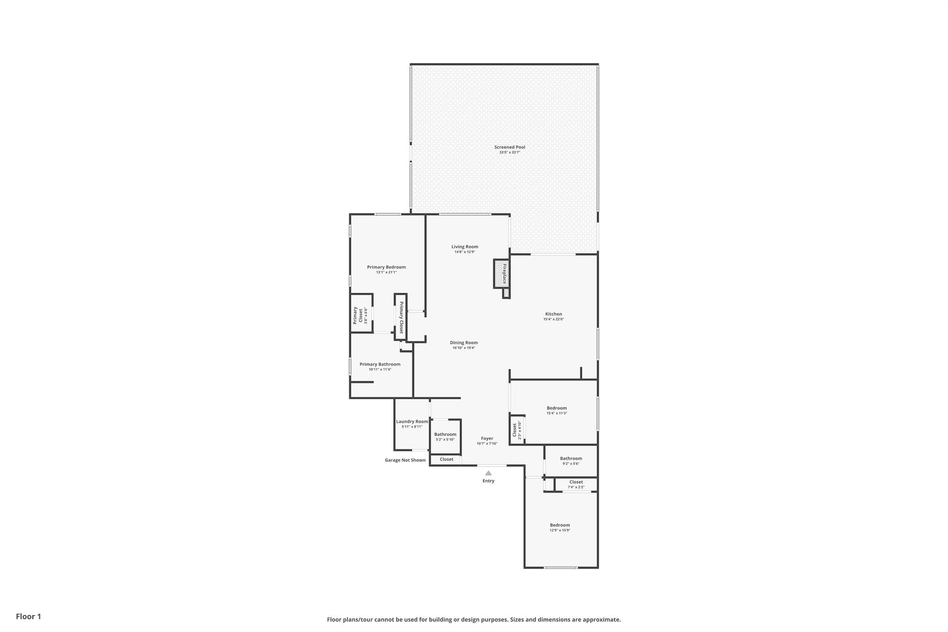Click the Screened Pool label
[x=510, y=147]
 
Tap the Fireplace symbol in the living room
[x=501, y=273]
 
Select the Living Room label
[x=465, y=247]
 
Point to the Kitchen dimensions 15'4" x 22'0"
[x=553, y=319]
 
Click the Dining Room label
[x=464, y=343]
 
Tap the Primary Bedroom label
[x=386, y=267]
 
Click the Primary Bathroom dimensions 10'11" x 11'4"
[x=380, y=369]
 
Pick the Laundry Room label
[x=412, y=421]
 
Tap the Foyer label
[x=487, y=438]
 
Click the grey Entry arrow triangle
[x=488, y=473]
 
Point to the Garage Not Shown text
[x=405, y=460]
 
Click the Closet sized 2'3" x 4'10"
[x=517, y=430]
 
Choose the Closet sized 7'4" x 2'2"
[x=576, y=484]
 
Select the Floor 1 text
[x=28, y=616]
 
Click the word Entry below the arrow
[x=488, y=481]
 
